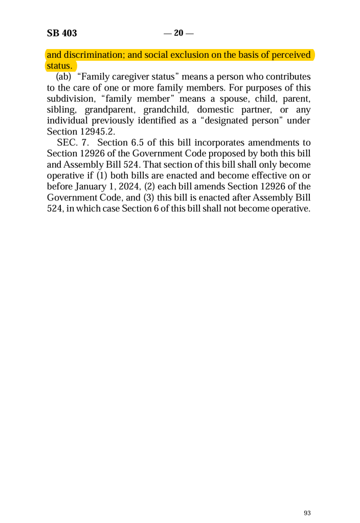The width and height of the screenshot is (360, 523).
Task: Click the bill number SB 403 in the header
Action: click(62, 34)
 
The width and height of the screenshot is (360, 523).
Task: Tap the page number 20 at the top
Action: click(178, 34)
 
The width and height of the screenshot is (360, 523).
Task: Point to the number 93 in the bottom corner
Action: click(307, 513)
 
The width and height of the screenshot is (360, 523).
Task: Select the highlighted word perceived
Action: click(288, 55)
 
